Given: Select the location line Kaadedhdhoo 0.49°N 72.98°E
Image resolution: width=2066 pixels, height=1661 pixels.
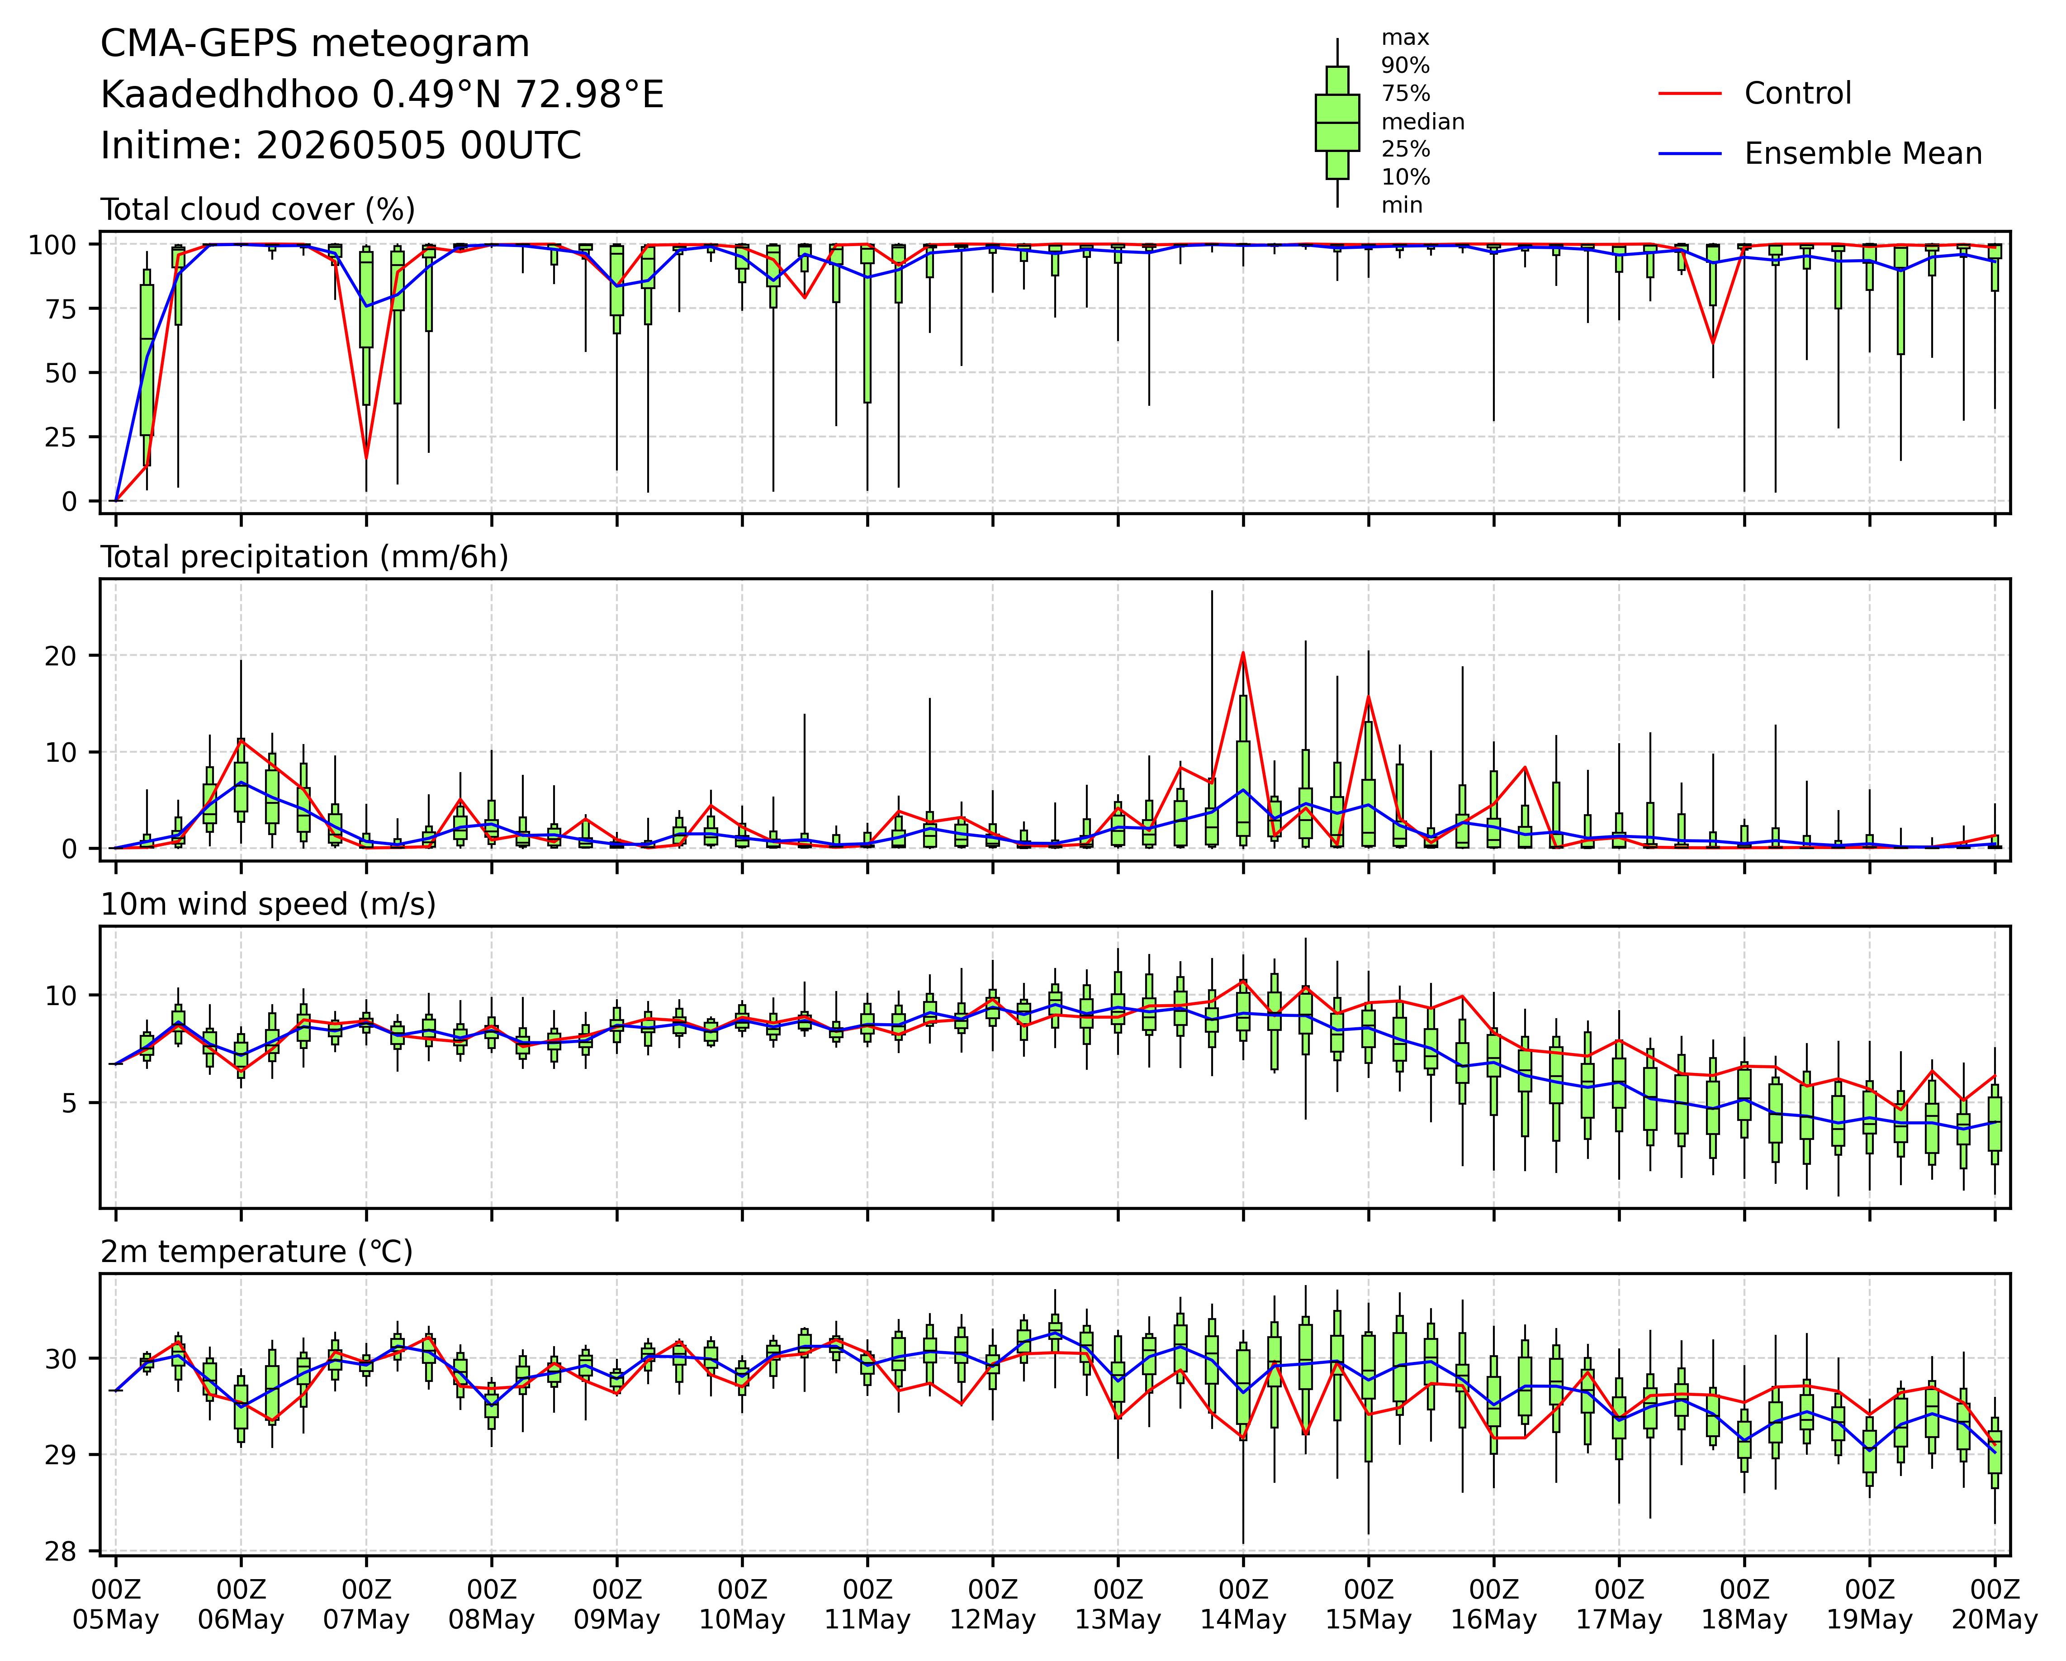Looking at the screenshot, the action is pyautogui.click(x=382, y=96).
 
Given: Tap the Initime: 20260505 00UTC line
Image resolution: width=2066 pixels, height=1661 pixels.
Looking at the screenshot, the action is pyautogui.click(x=341, y=147).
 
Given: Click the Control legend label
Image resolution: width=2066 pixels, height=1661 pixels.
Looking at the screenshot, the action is pyautogui.click(x=1798, y=94).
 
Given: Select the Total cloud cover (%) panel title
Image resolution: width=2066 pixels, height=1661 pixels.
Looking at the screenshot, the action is pyautogui.click(x=258, y=210).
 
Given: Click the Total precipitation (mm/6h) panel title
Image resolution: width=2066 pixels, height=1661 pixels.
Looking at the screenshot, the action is pyautogui.click(x=305, y=558).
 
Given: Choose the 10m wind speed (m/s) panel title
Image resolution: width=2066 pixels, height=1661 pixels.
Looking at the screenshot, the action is pyautogui.click(x=268, y=905).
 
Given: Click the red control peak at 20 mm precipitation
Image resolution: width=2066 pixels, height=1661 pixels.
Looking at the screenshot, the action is pyautogui.click(x=1243, y=653).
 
